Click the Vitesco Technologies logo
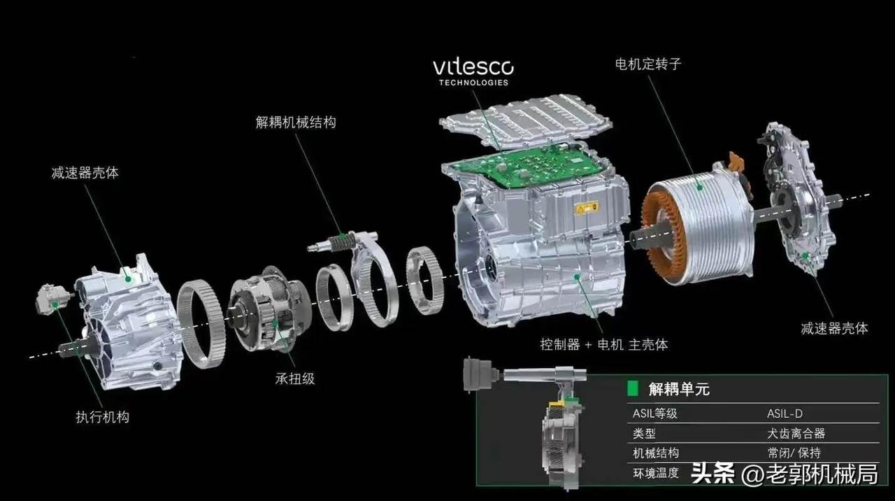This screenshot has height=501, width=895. (473, 73)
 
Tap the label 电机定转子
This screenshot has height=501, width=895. (648, 64)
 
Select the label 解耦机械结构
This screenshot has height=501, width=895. (296, 122)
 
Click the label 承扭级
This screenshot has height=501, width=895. (295, 379)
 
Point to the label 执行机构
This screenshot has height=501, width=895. (103, 417)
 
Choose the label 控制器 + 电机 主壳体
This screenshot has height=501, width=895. (604, 344)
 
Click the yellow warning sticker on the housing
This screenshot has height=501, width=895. (586, 208)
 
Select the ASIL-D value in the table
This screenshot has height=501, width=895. (785, 414)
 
